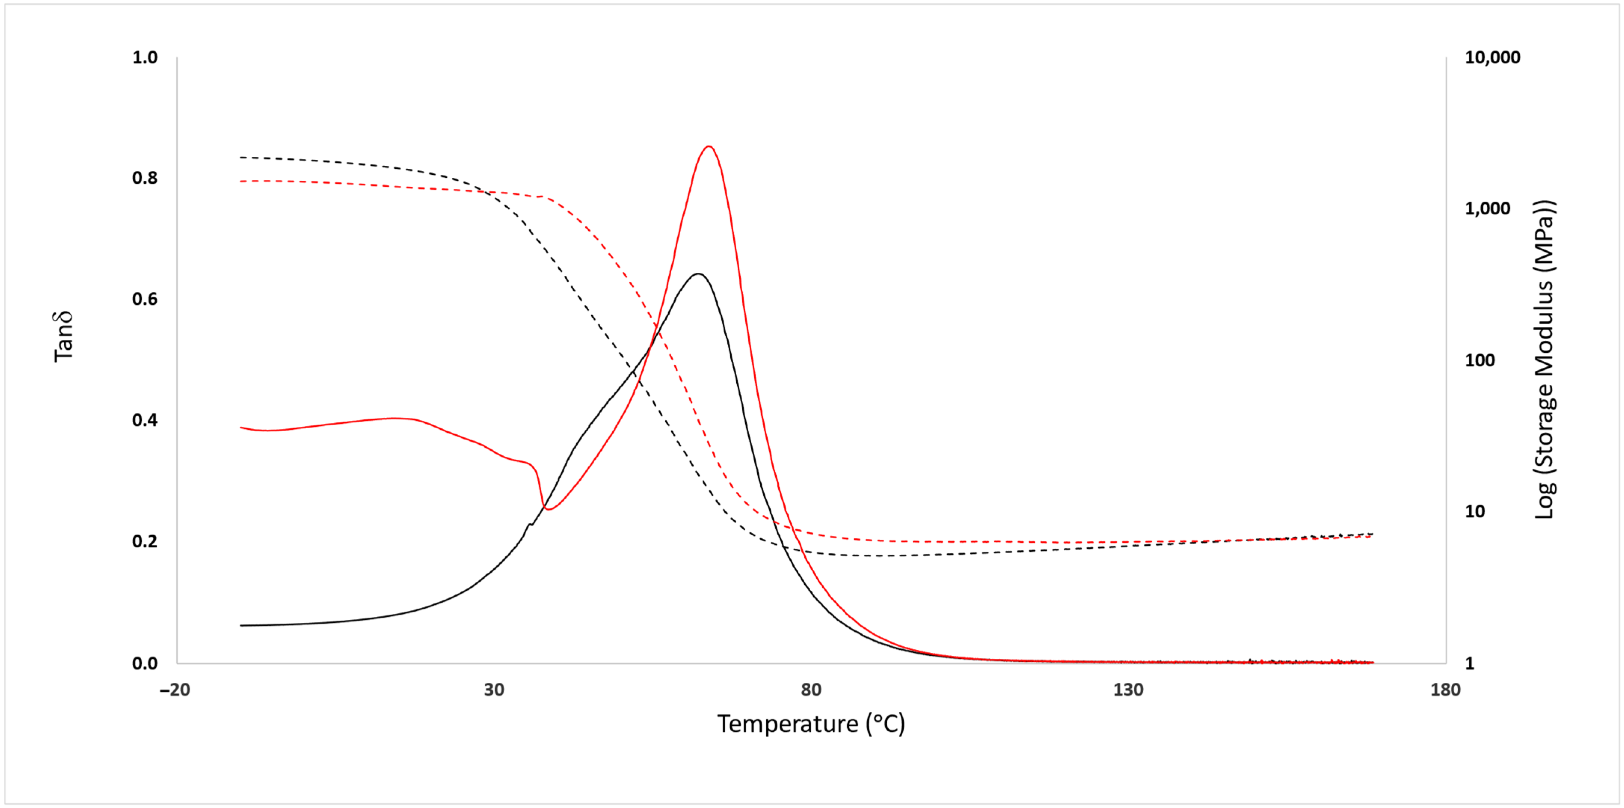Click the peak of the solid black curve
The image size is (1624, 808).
697,274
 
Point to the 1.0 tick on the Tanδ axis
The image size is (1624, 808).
145,57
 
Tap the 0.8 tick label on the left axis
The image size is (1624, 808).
145,178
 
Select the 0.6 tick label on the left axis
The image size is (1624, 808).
145,299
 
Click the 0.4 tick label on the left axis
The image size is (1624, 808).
145,420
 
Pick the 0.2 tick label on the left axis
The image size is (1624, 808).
145,541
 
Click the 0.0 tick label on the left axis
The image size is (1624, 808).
145,663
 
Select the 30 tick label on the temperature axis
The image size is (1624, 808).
494,689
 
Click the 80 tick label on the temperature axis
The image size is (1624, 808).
811,689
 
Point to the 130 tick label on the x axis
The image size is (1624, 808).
1128,689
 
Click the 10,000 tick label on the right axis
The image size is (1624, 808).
1492,57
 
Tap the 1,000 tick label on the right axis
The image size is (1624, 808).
1487,209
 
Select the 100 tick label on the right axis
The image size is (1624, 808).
1480,360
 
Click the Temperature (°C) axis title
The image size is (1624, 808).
811,723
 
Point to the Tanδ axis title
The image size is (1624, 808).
64,336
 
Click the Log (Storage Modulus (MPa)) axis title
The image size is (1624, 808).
1544,359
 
